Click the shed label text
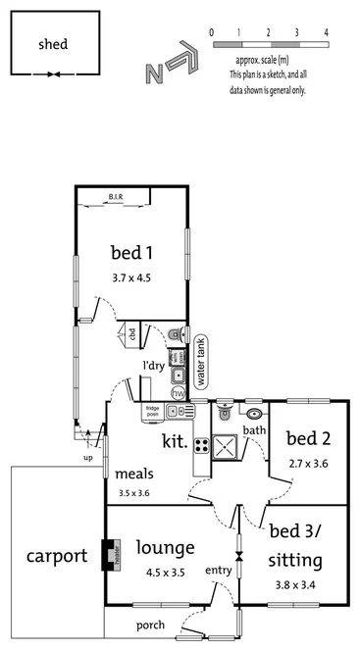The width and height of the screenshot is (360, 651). click(53, 44)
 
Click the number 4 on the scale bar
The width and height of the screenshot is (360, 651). click(326, 32)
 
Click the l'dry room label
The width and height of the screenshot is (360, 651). click(152, 366)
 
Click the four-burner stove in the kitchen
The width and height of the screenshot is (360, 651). click(201, 445)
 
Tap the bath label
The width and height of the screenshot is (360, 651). click(254, 429)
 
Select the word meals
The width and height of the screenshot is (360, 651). click(133, 475)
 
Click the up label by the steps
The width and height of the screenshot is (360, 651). click(88, 457)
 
